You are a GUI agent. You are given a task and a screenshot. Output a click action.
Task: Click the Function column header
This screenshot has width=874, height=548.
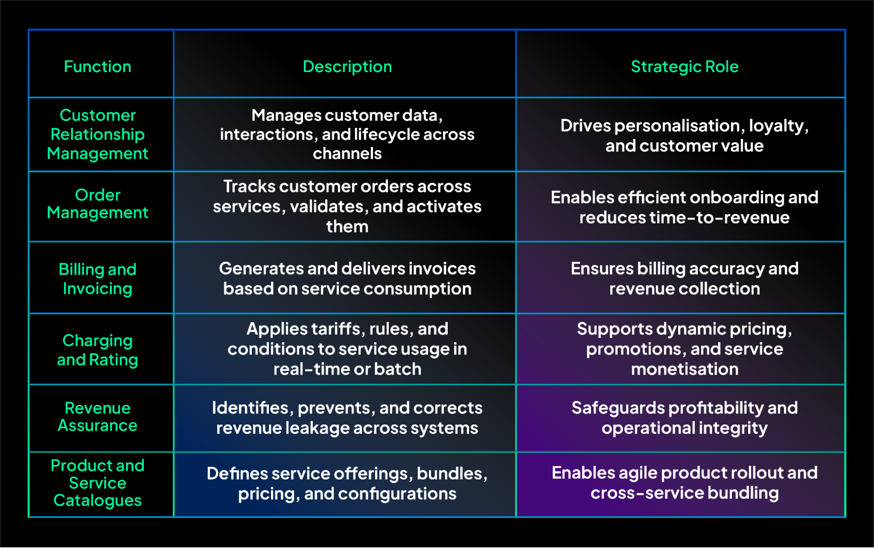[x=97, y=67]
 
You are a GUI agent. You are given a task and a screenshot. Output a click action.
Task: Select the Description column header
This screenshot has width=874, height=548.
[x=347, y=67]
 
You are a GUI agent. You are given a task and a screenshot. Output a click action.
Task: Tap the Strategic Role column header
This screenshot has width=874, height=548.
[x=684, y=67]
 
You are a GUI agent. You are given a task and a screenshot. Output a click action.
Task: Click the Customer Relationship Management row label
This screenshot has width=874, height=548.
[x=97, y=134]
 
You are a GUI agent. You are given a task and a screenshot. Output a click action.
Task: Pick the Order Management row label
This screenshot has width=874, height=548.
[x=97, y=204]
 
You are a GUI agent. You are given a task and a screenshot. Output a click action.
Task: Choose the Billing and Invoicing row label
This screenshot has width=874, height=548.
[x=97, y=279]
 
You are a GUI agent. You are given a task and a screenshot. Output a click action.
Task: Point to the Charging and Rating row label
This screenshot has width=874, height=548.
[x=97, y=350]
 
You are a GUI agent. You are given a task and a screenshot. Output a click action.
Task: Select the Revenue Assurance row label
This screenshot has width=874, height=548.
[x=97, y=417]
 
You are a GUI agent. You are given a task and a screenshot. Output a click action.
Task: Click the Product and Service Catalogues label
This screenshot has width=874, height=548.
[x=97, y=483]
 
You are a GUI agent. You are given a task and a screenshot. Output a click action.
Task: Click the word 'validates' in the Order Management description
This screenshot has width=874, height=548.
[x=329, y=207]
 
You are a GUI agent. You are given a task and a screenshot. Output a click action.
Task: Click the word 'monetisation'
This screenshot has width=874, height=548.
[x=684, y=369]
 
